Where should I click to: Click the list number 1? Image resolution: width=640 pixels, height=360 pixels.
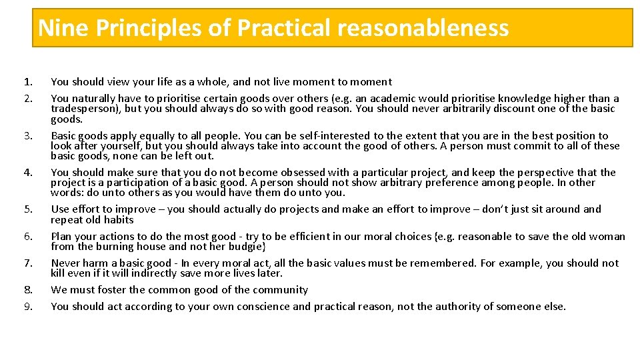27,82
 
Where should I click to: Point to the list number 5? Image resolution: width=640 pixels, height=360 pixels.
27,209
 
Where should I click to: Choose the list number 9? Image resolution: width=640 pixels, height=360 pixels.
27,307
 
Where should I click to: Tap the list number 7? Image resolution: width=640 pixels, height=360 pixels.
27,263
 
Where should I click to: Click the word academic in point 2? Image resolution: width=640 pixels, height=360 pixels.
404,99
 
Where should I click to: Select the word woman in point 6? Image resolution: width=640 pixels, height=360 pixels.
608,236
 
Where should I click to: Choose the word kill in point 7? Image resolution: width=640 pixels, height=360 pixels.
58,273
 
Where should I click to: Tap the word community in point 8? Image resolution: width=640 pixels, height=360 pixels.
280,290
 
